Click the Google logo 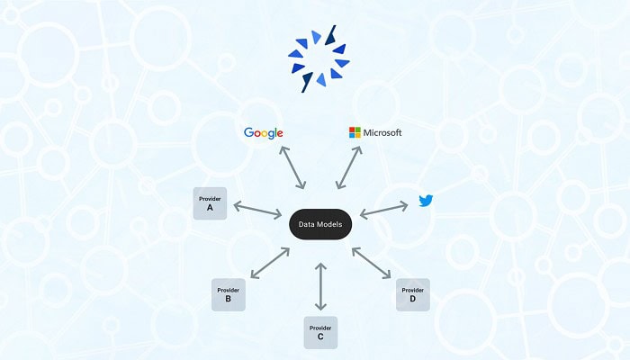pyautogui.click(x=263, y=133)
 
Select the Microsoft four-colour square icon pyautogui.click(x=355, y=132)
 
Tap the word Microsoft pyautogui.click(x=382, y=132)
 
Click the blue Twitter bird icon pyautogui.click(x=426, y=201)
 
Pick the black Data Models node pyautogui.click(x=320, y=224)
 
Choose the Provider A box pyautogui.click(x=210, y=203)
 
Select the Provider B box pyautogui.click(x=229, y=294)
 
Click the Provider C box pyautogui.click(x=320, y=332)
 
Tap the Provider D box pyautogui.click(x=412, y=294)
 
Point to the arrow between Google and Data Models pyautogui.click(x=292, y=167)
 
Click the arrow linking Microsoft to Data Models pyautogui.click(x=349, y=167)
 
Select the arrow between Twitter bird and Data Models pyautogui.click(x=383, y=210)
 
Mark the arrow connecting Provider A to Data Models pyautogui.click(x=257, y=210)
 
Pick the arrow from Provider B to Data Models pyautogui.click(x=270, y=263)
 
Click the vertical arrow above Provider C pyautogui.click(x=320, y=286)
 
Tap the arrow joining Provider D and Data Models pyautogui.click(x=371, y=263)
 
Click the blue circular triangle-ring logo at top pyautogui.click(x=319, y=58)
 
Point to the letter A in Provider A pyautogui.click(x=210, y=208)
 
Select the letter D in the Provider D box pyautogui.click(x=412, y=299)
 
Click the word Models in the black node pyautogui.click(x=329, y=224)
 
